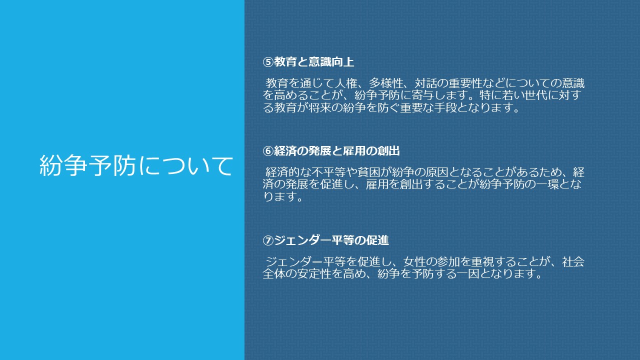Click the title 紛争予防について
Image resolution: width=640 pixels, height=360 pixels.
tap(136, 165)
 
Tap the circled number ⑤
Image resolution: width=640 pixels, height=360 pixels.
tap(268, 62)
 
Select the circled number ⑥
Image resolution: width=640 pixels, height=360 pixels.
tap(268, 151)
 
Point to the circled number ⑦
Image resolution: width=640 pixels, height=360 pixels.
tap(268, 240)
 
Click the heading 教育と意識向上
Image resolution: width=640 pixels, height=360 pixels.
tap(314, 62)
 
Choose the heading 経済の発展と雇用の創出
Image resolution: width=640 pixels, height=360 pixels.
tap(337, 151)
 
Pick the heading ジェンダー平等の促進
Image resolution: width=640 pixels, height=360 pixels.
tap(331, 240)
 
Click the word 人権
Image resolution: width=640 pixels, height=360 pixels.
tap(345, 83)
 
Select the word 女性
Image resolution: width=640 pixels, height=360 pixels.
tap(414, 261)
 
